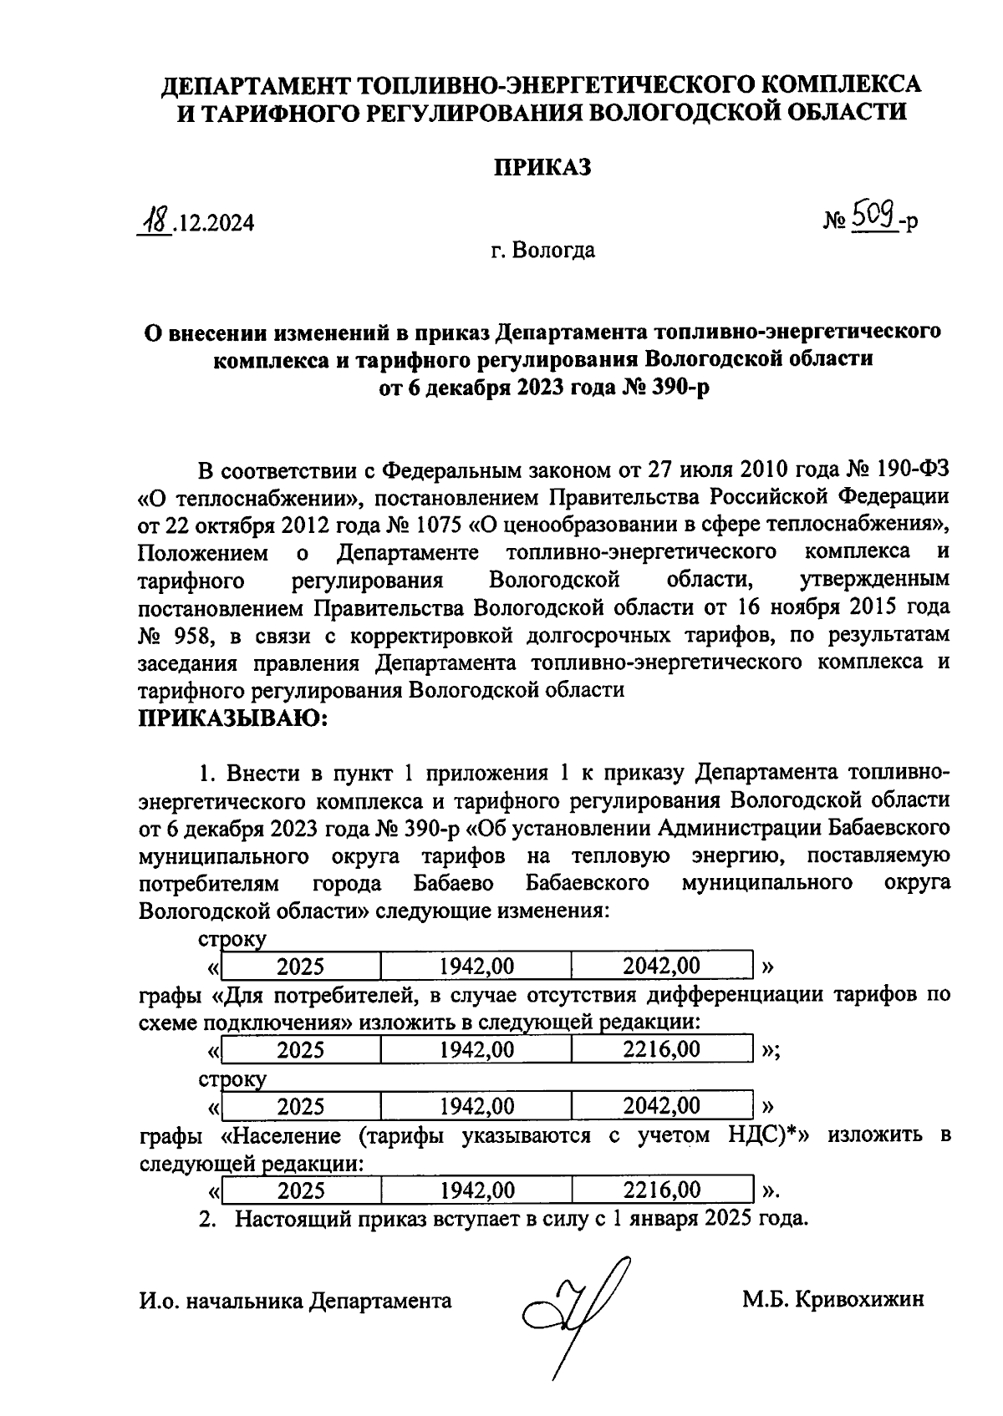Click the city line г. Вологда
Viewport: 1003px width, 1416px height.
pos(542,250)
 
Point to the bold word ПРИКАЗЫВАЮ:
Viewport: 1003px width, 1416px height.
pos(235,718)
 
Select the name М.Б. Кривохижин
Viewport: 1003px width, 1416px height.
pos(832,1301)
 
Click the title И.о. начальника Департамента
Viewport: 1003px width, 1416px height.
pos(295,1301)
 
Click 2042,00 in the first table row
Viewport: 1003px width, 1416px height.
pos(661,967)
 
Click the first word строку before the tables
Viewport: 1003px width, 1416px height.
pos(232,938)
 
